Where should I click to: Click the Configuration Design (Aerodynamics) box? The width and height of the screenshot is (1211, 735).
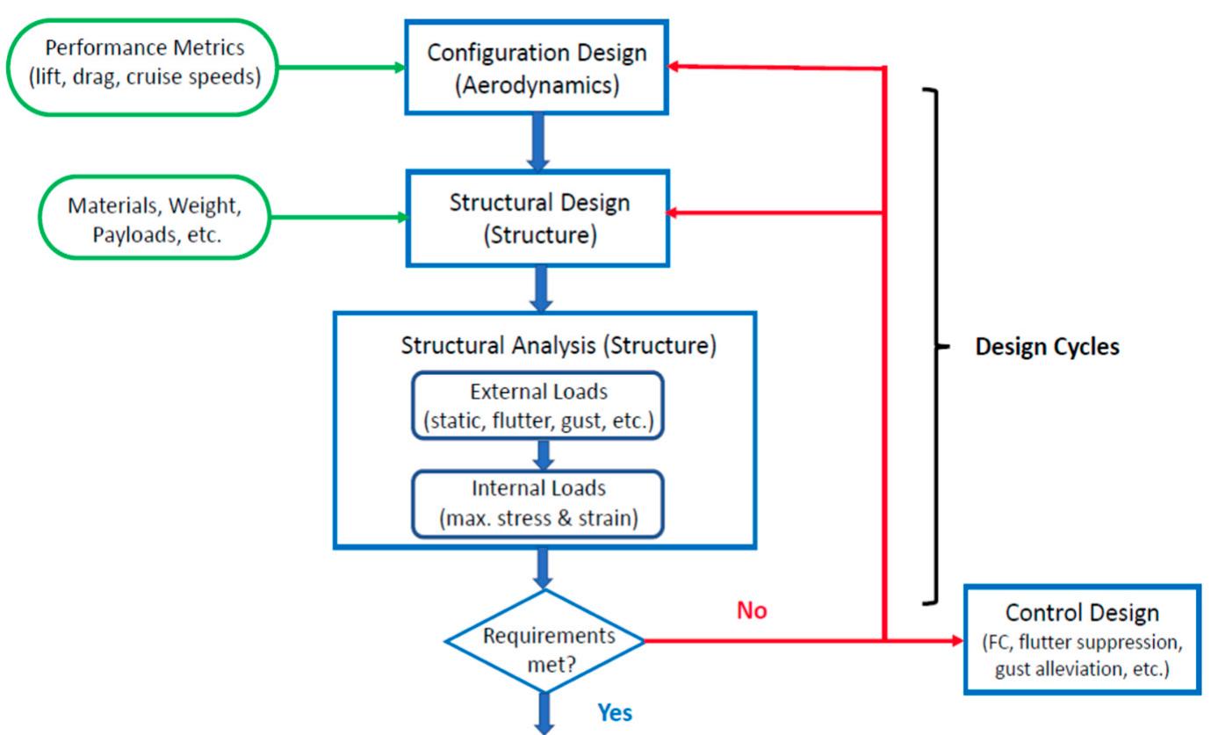point(537,67)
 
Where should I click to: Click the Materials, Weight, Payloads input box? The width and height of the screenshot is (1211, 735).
point(154,217)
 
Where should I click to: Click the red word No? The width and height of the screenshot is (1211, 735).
point(752,611)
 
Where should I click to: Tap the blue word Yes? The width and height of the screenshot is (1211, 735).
point(614,713)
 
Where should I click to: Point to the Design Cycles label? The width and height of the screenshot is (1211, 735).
point(1047,347)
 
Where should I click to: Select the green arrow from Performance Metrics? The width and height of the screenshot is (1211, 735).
point(343,67)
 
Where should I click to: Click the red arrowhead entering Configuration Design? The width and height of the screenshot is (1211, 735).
point(676,67)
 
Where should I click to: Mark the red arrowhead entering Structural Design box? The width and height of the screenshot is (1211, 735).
point(676,212)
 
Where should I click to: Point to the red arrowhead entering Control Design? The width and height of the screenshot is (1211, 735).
point(955,640)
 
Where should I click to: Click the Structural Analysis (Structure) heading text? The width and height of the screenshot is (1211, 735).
point(559,345)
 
